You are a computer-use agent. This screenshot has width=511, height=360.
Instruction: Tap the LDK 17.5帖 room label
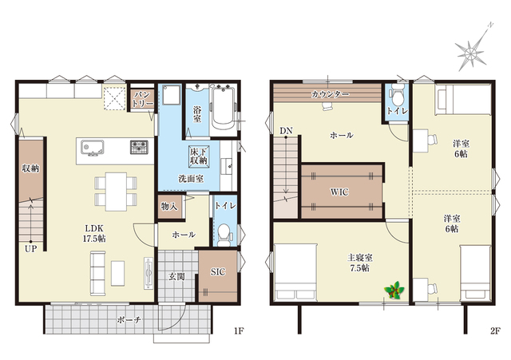(x=94, y=233)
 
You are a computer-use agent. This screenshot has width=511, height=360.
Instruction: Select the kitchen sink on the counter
(x=93, y=148)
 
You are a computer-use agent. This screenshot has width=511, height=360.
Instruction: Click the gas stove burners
(x=139, y=147)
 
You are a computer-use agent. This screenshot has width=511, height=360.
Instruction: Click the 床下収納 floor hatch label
(x=199, y=156)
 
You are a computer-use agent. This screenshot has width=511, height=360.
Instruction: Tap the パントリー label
(x=142, y=99)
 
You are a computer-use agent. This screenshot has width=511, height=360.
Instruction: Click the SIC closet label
(x=218, y=271)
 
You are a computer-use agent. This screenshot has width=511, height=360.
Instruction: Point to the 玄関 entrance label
(x=176, y=277)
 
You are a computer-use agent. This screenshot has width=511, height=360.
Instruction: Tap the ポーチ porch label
(x=129, y=320)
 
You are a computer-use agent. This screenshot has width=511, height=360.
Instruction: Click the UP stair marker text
(x=31, y=249)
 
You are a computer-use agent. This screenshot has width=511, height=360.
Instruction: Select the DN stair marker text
(x=286, y=131)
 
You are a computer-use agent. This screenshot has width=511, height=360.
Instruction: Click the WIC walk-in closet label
(x=339, y=192)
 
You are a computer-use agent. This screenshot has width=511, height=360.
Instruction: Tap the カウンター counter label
(x=330, y=94)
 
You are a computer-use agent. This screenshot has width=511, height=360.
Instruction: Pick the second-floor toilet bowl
(x=397, y=94)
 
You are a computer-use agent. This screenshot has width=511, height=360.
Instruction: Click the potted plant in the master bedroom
(x=394, y=290)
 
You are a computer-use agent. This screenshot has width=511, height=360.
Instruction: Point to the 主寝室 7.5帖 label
(x=360, y=263)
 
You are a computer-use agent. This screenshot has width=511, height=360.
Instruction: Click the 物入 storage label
(x=169, y=206)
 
